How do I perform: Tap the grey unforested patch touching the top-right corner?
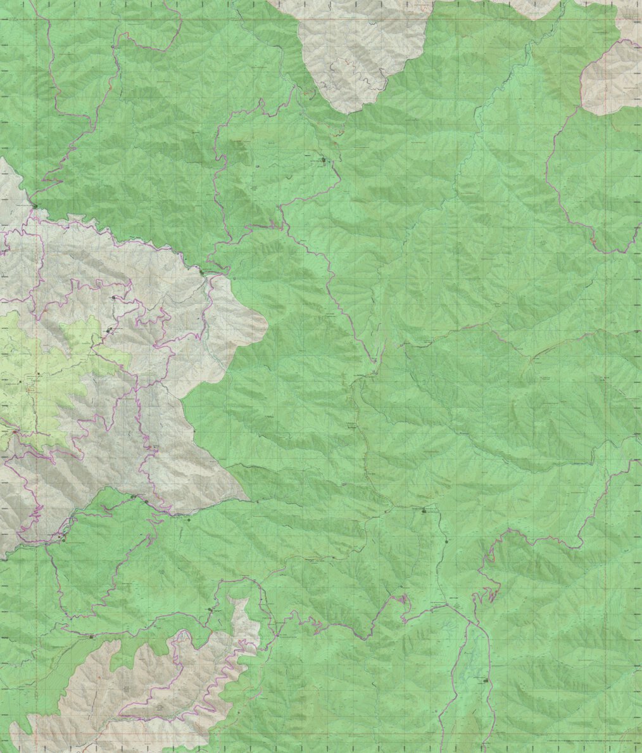pyautogui.click(x=611, y=76)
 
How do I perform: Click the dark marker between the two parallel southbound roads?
pyautogui.click(x=486, y=681)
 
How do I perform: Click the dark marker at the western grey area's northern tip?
pyautogui.click(x=35, y=206)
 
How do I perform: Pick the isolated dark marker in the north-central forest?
pyautogui.click(x=324, y=160)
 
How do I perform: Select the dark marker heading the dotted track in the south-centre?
pyautogui.click(x=424, y=510)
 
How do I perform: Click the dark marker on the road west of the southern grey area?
pyautogui.click(x=92, y=636)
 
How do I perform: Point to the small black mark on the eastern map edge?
pyautogui.click(x=637, y=331)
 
